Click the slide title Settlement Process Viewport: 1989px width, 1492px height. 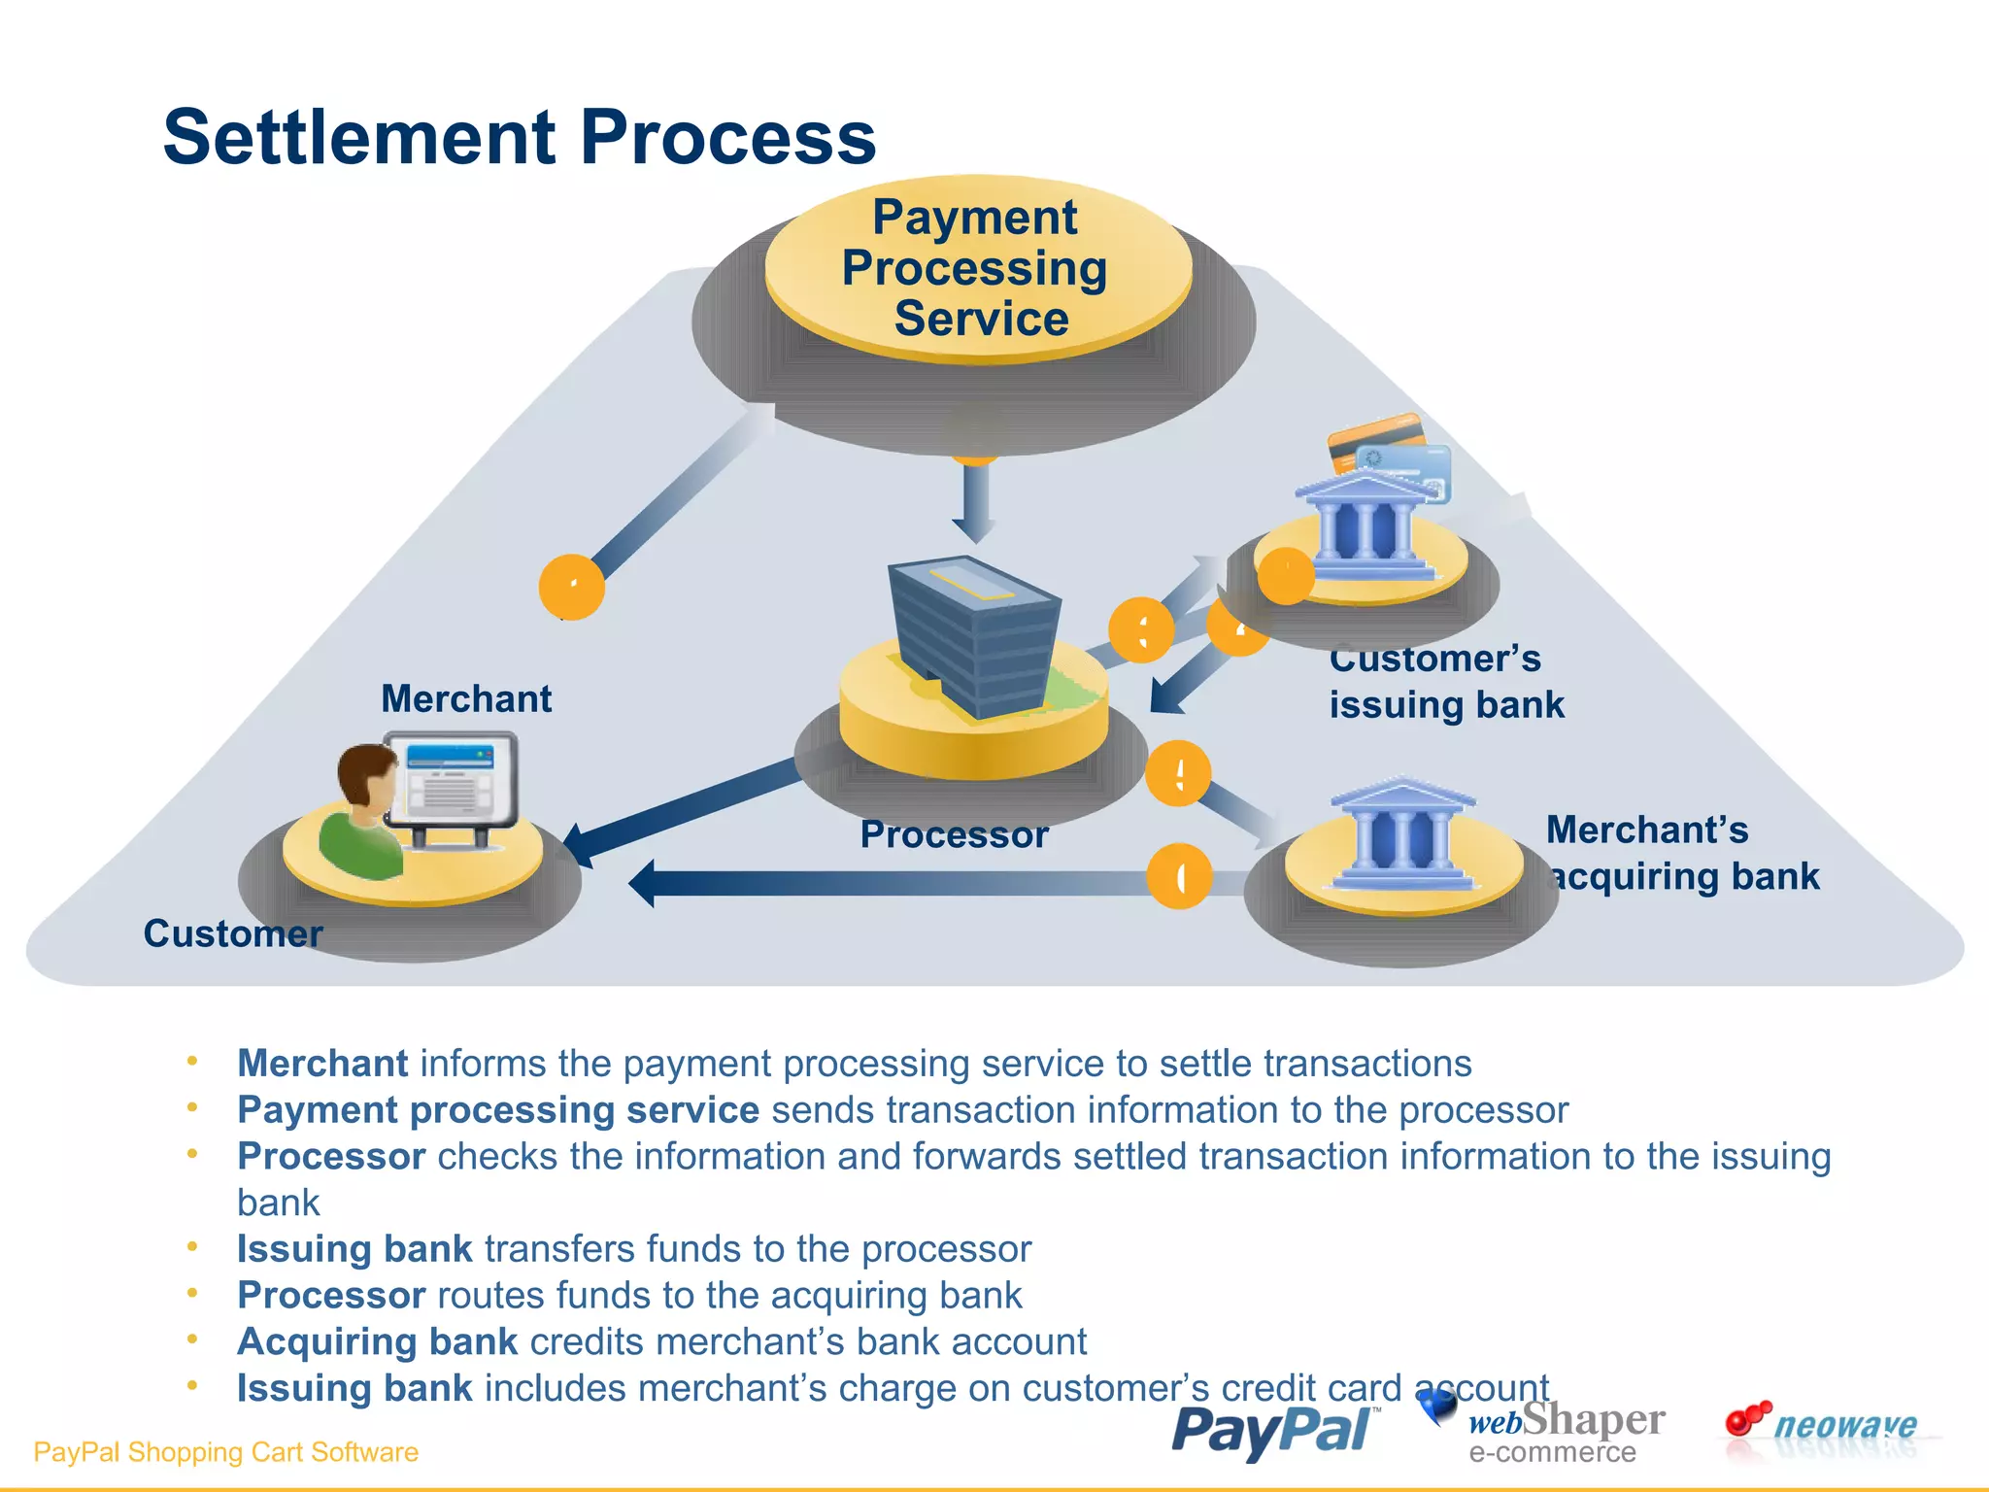519,138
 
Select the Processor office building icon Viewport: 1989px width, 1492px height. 974,636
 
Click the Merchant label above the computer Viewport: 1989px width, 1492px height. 466,699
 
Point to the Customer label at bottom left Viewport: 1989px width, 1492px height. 232,933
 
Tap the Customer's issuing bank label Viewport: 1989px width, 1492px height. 1445,682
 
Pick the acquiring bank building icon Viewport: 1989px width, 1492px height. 1402,835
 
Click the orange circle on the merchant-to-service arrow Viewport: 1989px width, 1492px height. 572,587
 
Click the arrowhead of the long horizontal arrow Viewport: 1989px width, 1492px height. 645,883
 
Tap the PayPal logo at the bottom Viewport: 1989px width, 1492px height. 1274,1431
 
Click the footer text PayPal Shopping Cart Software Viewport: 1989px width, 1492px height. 225,1452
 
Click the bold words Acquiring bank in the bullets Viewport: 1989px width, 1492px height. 378,1341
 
